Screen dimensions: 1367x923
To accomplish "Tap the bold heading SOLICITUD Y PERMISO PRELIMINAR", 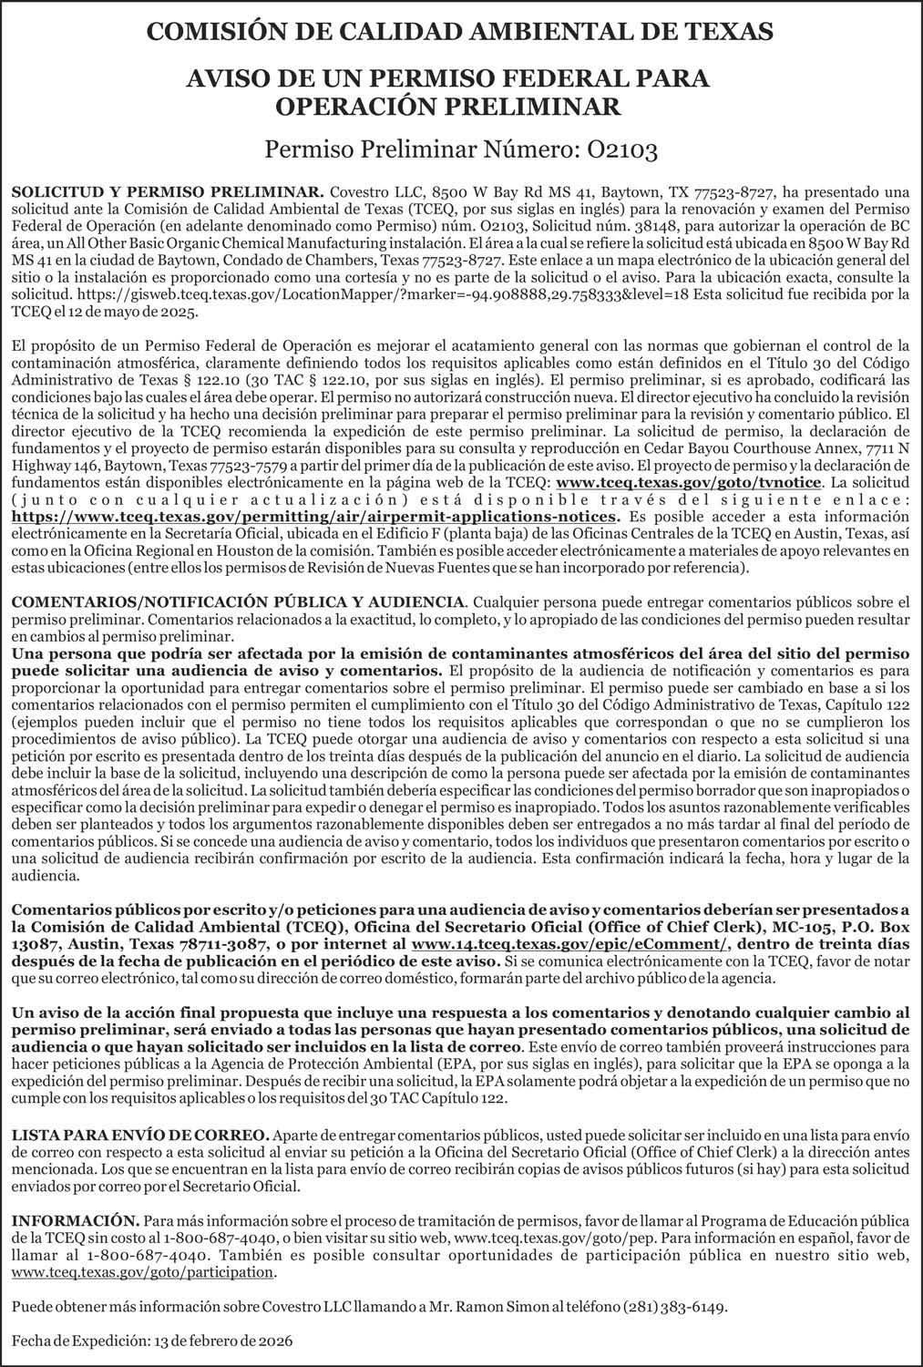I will coord(169,192).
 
